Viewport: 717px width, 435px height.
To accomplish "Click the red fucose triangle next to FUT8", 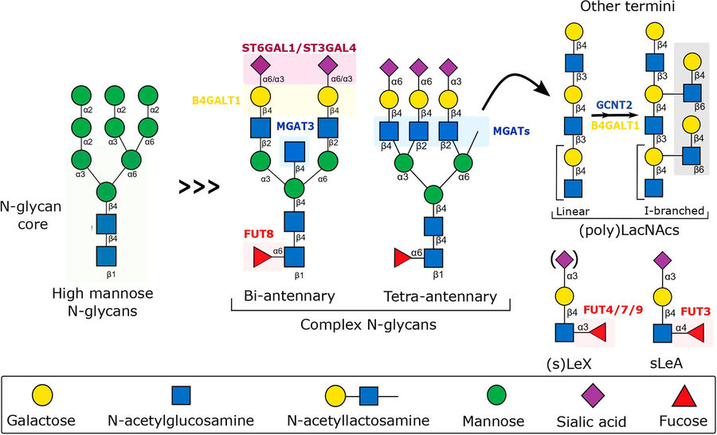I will (x=261, y=257).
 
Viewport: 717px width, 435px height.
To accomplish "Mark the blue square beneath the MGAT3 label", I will (x=294, y=150).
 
